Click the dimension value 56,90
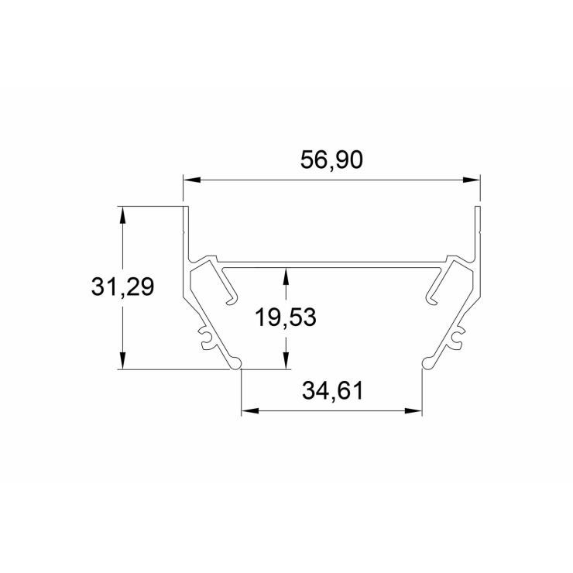pos(331,160)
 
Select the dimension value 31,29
pos(122,286)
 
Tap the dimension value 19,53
pos(286,317)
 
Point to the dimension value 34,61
pos(332,391)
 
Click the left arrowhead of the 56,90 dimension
pos(192,180)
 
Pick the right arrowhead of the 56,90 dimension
pos(471,180)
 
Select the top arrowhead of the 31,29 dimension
pos(123,215)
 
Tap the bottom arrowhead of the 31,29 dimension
pos(123,361)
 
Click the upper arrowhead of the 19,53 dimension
pos(286,276)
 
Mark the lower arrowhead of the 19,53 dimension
pos(286,361)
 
